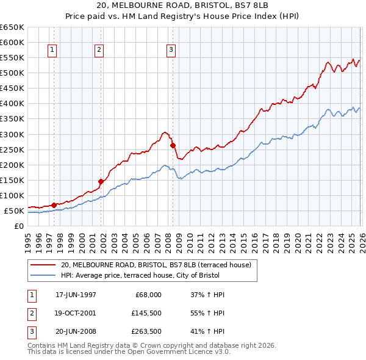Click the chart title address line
point(182,5)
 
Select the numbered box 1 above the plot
point(52,50)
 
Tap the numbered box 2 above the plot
point(99,50)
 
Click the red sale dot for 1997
point(54,205)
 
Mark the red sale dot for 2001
point(101,181)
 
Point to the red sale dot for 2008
point(173,145)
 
